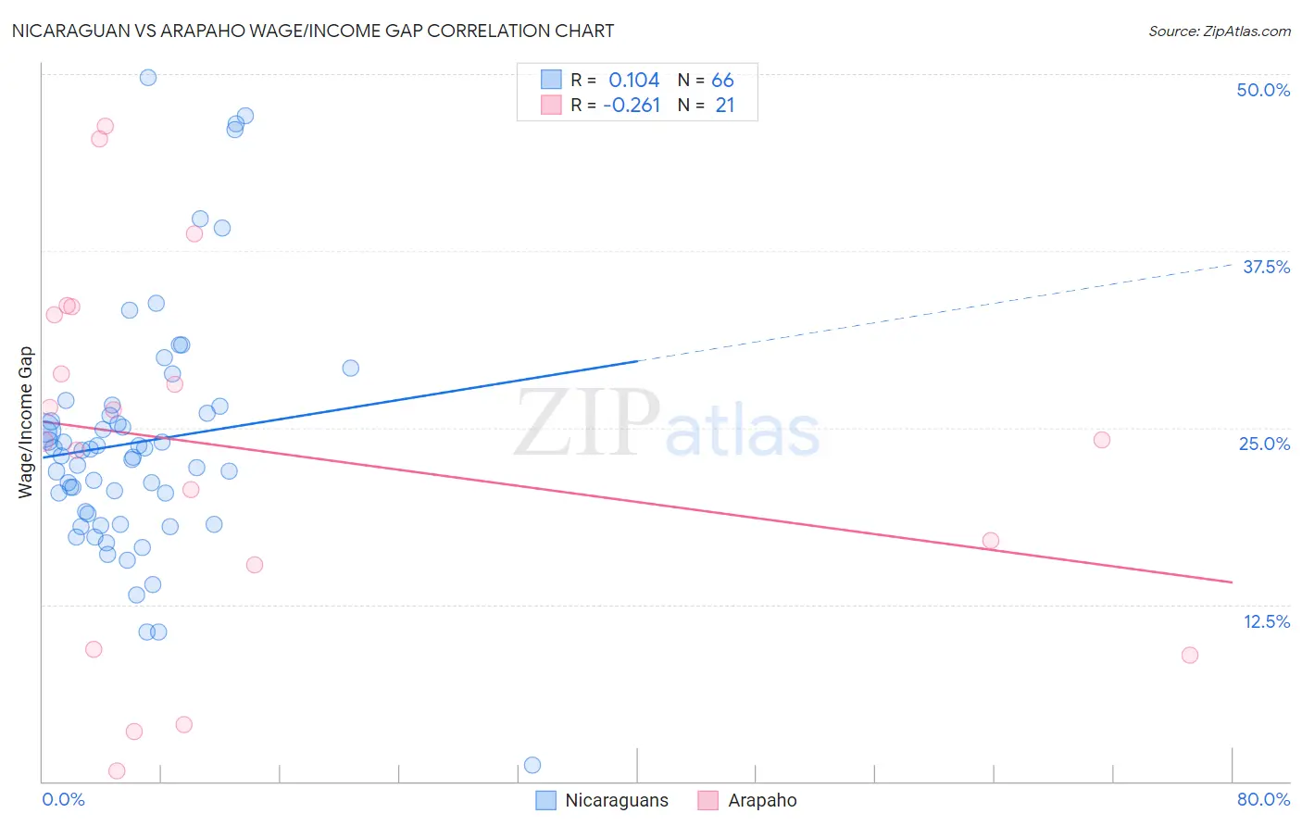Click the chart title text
pyautogui.click(x=313, y=31)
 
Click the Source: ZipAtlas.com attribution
pyautogui.click(x=1219, y=31)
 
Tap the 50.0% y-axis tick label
pyautogui.click(x=1263, y=90)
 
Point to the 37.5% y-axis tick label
pyautogui.click(x=1266, y=267)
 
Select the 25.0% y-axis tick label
pyautogui.click(x=1264, y=444)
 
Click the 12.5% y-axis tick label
pyautogui.click(x=1266, y=621)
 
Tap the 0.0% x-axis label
pyautogui.click(x=63, y=799)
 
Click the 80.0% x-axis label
pyautogui.click(x=1263, y=799)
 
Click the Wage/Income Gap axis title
pyautogui.click(x=26, y=422)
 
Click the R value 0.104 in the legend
pyautogui.click(x=633, y=80)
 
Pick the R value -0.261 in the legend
pyautogui.click(x=632, y=106)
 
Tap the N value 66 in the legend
pyautogui.click(x=722, y=80)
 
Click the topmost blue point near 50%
pyautogui.click(x=148, y=78)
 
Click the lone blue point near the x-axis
pyautogui.click(x=532, y=765)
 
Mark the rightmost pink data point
pyautogui.click(x=1190, y=655)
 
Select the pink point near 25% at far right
pyautogui.click(x=1102, y=440)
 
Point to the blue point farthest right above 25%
pyautogui.click(x=351, y=368)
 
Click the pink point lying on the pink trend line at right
pyautogui.click(x=991, y=541)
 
